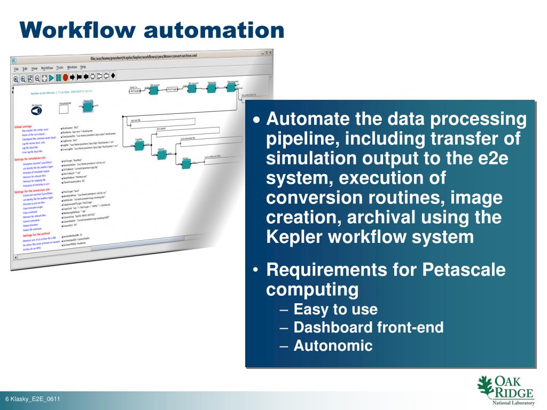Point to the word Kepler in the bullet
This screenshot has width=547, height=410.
[x=293, y=236]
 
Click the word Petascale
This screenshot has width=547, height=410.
[x=464, y=270]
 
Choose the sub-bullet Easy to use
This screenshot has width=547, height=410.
[x=335, y=309]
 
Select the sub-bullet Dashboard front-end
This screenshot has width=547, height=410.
[x=369, y=327]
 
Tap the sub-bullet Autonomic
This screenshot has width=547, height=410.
[x=333, y=345]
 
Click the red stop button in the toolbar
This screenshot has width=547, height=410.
[x=65, y=77]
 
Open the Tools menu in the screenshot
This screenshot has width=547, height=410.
[x=60, y=68]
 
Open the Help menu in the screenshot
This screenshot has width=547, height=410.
[x=83, y=67]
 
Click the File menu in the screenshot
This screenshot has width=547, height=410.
[x=16, y=69]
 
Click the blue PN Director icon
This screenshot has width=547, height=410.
[x=37, y=110]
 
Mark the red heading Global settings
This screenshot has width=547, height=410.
[x=24, y=127]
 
